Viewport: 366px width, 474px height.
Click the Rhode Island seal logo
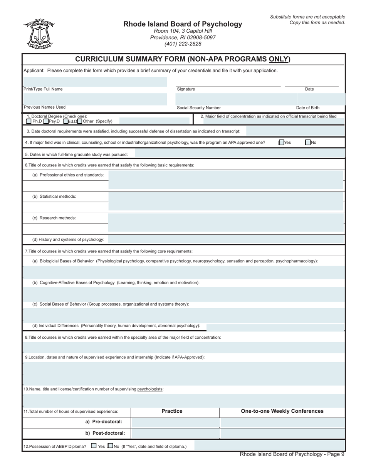point(39,34)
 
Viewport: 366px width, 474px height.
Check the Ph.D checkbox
point(29,121)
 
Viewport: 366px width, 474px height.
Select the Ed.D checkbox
point(65,121)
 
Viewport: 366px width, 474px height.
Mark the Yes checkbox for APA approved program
point(281,143)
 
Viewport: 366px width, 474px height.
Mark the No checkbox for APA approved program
point(307,143)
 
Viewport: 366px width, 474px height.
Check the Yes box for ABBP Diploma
point(94,446)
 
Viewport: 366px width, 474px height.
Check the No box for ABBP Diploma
point(111,446)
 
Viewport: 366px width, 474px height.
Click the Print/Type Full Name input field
point(95,82)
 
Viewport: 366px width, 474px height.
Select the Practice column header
point(172,411)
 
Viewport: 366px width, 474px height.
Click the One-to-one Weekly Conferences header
point(282,411)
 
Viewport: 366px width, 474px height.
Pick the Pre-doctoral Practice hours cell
point(175,422)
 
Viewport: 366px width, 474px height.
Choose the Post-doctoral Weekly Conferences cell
point(282,434)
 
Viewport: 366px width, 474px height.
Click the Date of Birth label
point(307,108)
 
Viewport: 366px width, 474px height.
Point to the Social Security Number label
point(199,108)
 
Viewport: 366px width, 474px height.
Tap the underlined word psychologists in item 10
point(150,389)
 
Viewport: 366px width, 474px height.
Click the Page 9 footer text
point(292,454)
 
